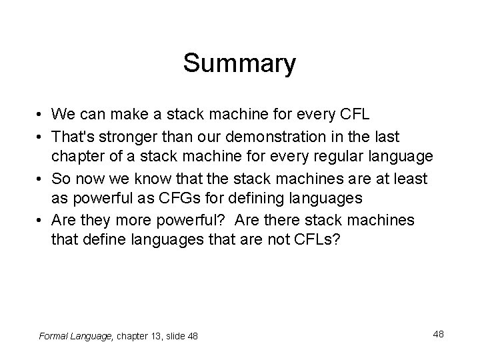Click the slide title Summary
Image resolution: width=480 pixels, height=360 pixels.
pyautogui.click(x=239, y=64)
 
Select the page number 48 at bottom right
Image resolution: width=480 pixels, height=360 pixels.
pyautogui.click(x=438, y=333)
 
